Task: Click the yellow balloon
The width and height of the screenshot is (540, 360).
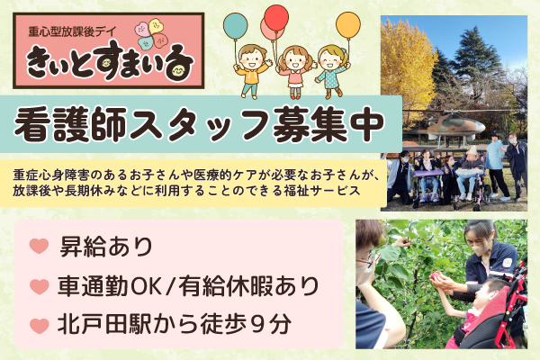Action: [x=348, y=25]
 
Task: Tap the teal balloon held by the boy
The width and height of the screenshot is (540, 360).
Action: [x=235, y=25]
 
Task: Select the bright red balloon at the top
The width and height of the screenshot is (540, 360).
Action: [x=276, y=17]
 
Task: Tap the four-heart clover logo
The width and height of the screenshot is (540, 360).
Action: [x=151, y=33]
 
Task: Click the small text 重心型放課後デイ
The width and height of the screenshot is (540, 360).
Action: [x=73, y=32]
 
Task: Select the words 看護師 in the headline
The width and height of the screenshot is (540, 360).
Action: [x=70, y=125]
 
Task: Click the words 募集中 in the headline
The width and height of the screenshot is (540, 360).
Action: [x=328, y=125]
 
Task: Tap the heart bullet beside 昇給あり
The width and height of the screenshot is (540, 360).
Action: [x=39, y=246]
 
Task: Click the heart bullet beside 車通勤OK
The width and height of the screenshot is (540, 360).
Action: [x=39, y=286]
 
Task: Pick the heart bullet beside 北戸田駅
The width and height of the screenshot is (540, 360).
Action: [x=39, y=326]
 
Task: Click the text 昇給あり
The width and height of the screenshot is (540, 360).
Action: [x=106, y=247]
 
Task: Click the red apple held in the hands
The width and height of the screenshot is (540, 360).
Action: [x=436, y=275]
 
